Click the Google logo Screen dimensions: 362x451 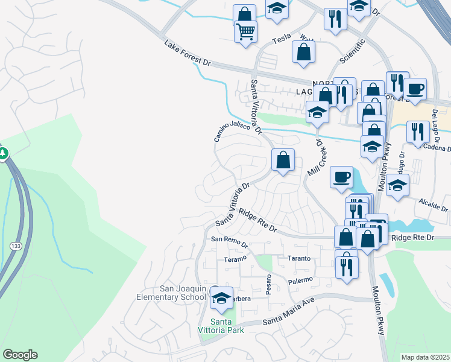20,355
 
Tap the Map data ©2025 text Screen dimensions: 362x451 425,357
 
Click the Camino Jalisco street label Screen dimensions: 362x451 232,131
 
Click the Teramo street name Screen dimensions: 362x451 235,259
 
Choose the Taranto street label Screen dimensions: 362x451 298,258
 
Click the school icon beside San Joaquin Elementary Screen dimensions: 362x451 222,298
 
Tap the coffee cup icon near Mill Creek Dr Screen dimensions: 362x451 341,177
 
